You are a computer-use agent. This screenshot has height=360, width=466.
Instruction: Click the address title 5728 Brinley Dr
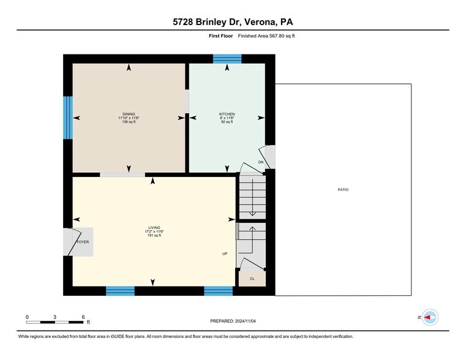[x=233, y=22]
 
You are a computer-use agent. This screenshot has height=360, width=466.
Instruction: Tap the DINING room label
[x=129, y=114]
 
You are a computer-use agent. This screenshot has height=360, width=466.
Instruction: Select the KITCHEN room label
[x=227, y=114]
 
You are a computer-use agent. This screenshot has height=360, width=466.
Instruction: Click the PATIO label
[x=343, y=190]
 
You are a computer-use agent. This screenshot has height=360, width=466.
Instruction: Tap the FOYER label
[x=83, y=242]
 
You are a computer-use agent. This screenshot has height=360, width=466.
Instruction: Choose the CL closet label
[x=252, y=279]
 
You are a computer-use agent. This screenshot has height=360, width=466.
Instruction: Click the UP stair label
[x=225, y=253]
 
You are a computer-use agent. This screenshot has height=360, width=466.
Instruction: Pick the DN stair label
[x=260, y=162]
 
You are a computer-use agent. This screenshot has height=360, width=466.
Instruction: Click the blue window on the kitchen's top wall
[x=227, y=59]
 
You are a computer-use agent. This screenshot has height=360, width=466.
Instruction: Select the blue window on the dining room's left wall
[x=68, y=118]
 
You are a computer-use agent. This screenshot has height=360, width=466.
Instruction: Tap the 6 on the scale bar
[x=83, y=317]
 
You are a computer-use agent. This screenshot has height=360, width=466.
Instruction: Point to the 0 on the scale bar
[x=27, y=317]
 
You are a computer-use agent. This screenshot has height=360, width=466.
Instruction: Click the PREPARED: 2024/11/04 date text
[x=233, y=321]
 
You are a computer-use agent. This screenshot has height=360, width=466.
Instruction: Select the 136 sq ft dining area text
[x=129, y=122]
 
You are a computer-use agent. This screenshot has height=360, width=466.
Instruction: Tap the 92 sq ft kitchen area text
[x=227, y=122]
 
